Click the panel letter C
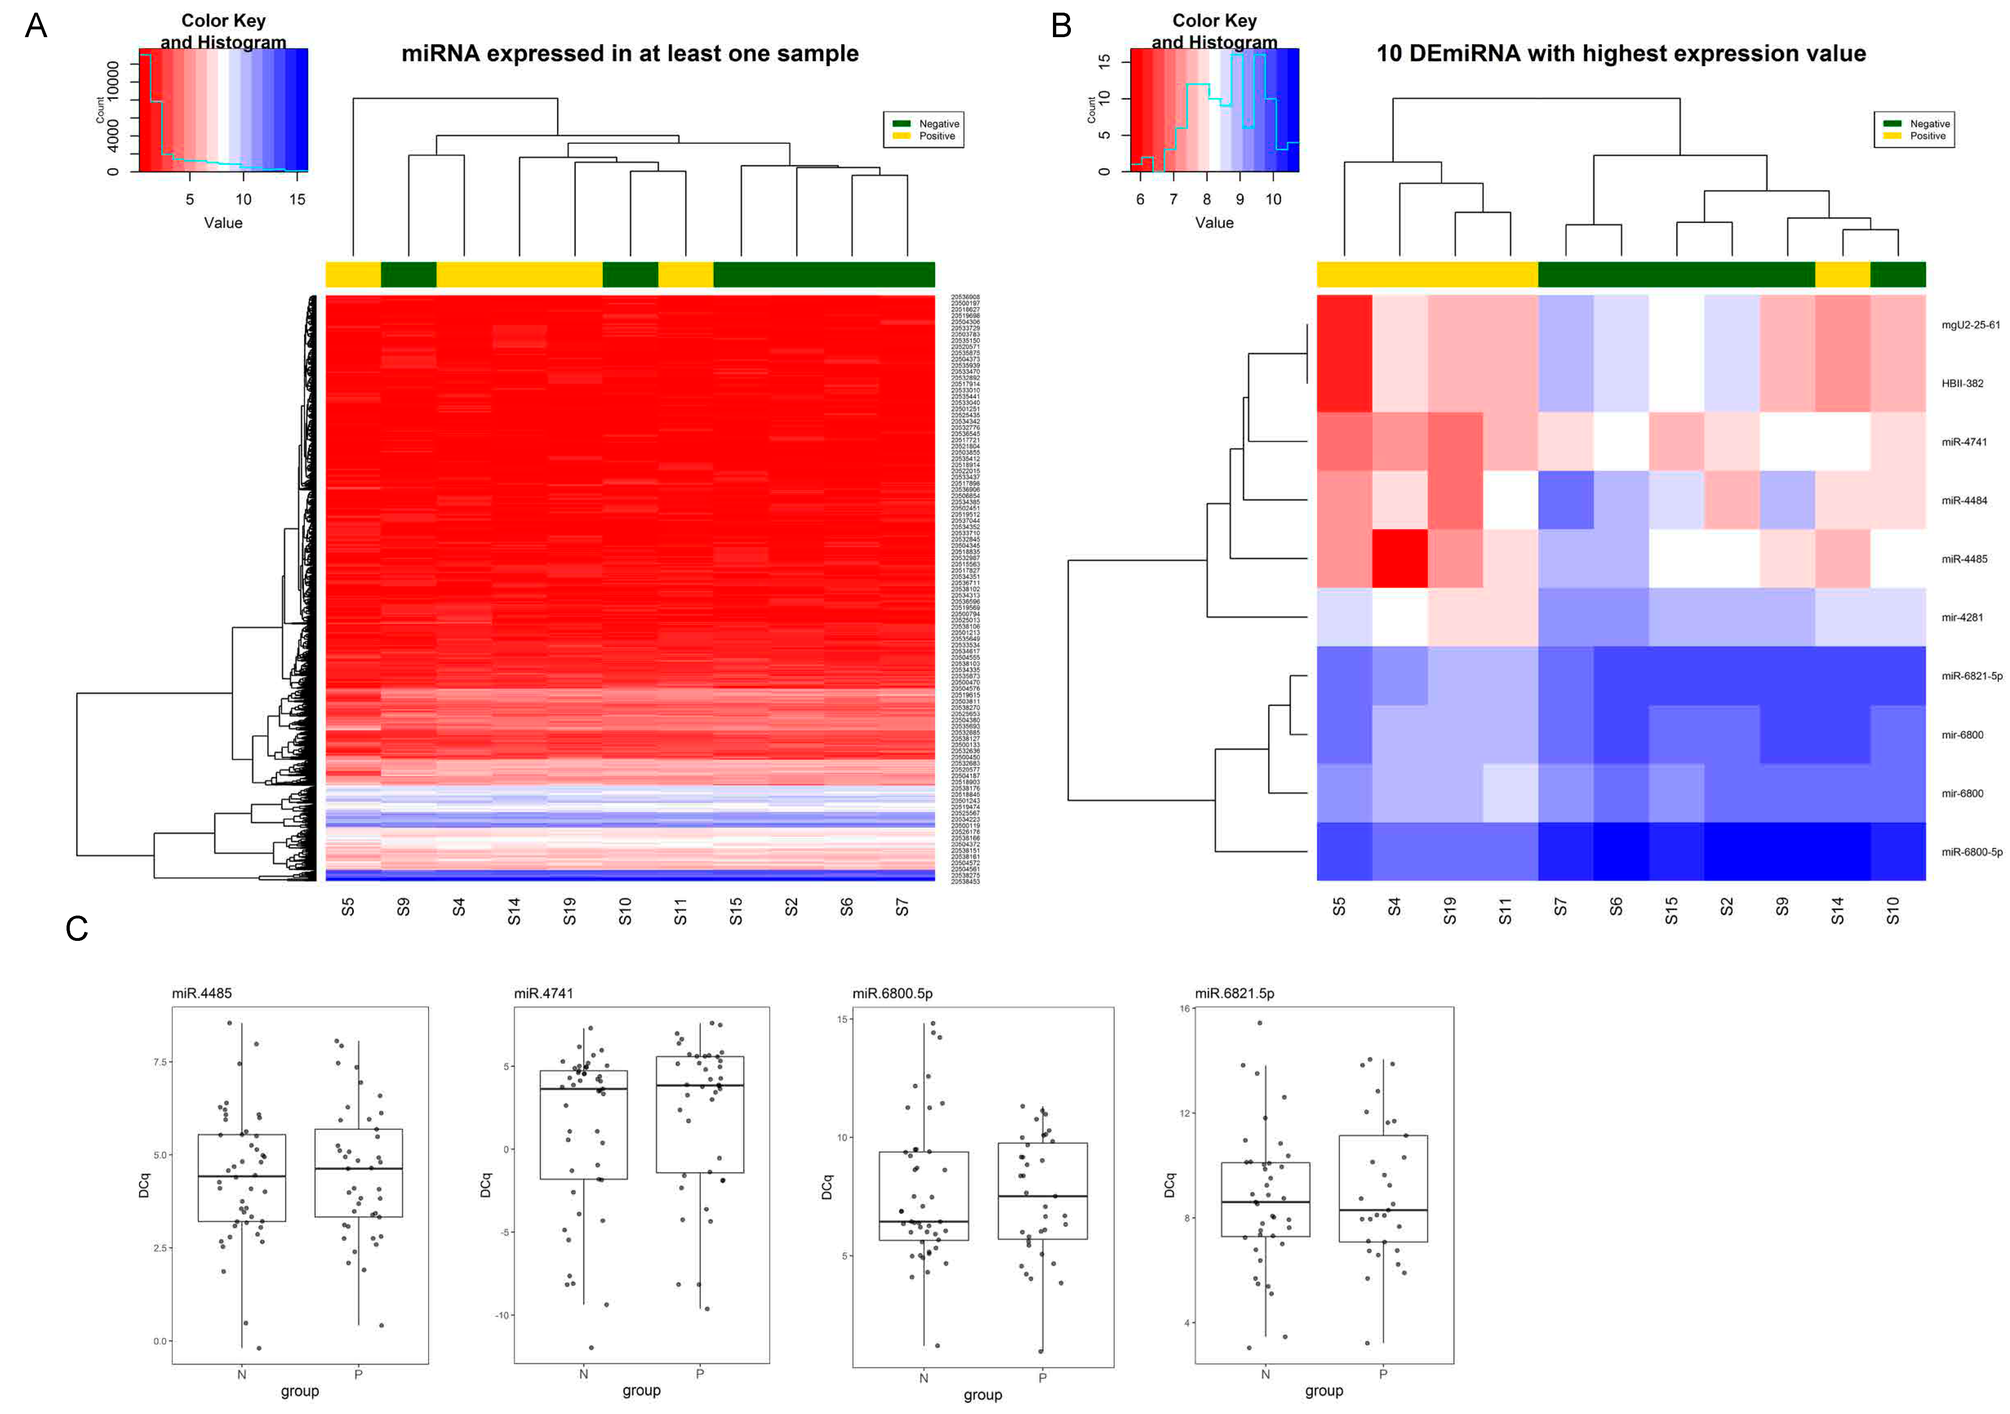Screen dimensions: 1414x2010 (77, 928)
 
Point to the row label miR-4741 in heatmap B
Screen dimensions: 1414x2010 (1963, 442)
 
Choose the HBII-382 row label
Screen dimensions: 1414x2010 (1962, 383)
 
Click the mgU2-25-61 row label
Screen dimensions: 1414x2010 (1970, 325)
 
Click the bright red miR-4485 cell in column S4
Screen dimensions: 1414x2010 (1400, 558)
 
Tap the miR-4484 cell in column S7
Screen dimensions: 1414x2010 (1565, 500)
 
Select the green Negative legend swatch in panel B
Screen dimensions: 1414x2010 (1892, 123)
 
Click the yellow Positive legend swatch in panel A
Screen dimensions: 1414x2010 (901, 136)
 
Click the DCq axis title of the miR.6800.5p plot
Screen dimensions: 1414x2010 (826, 1188)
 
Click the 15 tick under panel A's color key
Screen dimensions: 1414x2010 (298, 200)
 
